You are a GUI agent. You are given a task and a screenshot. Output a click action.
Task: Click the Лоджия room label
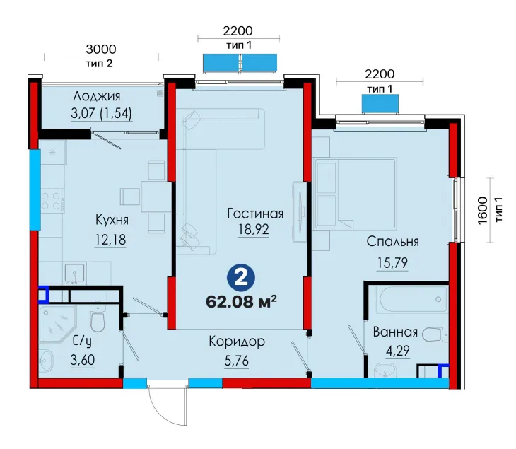96,96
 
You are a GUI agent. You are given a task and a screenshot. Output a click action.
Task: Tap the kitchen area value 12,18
110,240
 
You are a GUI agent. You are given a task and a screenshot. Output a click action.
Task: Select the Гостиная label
255,214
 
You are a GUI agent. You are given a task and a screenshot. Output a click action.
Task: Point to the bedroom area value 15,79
392,263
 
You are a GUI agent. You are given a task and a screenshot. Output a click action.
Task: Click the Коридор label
237,342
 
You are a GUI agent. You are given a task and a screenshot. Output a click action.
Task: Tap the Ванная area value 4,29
397,351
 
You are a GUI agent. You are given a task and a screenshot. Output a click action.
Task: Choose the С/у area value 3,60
82,360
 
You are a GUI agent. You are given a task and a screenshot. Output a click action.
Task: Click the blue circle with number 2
241,279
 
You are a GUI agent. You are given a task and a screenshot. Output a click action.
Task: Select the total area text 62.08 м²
241,301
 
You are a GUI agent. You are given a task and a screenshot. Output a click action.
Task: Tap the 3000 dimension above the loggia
101,49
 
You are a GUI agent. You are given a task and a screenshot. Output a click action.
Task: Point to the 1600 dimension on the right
483,211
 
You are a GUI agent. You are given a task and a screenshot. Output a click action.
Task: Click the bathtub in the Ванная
414,300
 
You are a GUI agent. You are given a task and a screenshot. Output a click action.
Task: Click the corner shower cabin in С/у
57,325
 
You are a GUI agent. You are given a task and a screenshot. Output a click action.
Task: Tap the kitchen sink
74,274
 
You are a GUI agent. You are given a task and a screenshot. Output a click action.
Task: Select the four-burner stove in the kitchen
52,201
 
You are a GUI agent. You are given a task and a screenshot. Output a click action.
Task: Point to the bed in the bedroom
356,193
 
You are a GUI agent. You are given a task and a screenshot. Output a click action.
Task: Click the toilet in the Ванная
435,334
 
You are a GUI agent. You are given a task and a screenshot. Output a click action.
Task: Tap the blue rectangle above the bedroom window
380,104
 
